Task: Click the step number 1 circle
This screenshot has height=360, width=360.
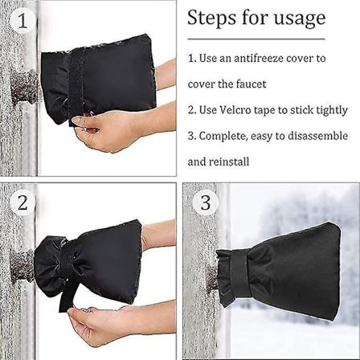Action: pyautogui.click(x=22, y=21)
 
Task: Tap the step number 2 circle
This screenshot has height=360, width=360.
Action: pyautogui.click(x=22, y=202)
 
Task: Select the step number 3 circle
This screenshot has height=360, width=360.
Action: pyautogui.click(x=206, y=202)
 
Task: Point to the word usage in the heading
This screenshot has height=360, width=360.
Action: pyautogui.click(x=300, y=19)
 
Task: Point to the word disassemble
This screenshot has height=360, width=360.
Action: pyautogui.click(x=317, y=136)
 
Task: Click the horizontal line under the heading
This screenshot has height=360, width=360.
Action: pyautogui.click(x=256, y=39)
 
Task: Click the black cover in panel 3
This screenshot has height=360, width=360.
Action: pyautogui.click(x=279, y=271)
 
